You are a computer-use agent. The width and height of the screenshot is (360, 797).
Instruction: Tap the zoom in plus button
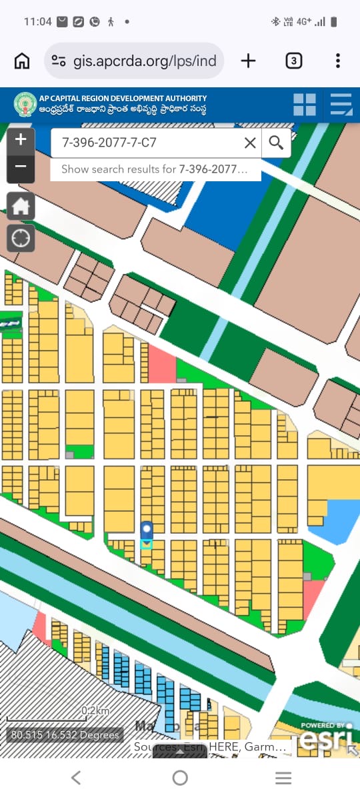(x=21, y=139)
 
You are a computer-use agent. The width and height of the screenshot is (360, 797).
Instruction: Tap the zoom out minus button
(x=21, y=167)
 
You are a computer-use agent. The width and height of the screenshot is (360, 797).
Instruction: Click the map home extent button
(x=21, y=206)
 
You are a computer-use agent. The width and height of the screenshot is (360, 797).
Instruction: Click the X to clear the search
(x=250, y=143)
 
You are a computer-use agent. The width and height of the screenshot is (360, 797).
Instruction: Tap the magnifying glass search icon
(x=276, y=142)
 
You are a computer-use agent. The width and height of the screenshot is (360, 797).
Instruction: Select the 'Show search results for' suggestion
(x=155, y=169)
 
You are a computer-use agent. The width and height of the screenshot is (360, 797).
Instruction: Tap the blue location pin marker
(x=147, y=532)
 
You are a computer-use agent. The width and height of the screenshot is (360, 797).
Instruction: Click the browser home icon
(x=22, y=61)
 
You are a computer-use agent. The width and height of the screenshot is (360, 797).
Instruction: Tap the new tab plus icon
(x=248, y=61)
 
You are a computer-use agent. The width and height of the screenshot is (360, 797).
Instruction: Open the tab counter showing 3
(x=293, y=61)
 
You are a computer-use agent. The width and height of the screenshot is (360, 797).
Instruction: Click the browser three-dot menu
(x=338, y=61)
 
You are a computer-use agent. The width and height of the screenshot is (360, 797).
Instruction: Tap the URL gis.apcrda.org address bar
(x=133, y=61)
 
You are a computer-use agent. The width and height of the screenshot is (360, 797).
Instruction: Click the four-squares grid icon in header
(x=305, y=105)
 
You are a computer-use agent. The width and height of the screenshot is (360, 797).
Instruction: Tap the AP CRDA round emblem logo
(x=25, y=105)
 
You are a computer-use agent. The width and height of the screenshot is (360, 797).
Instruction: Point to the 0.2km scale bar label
(x=95, y=710)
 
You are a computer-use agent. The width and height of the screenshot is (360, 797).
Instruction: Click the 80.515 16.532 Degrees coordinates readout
(x=65, y=735)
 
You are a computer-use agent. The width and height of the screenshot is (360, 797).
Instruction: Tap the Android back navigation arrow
(x=76, y=777)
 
